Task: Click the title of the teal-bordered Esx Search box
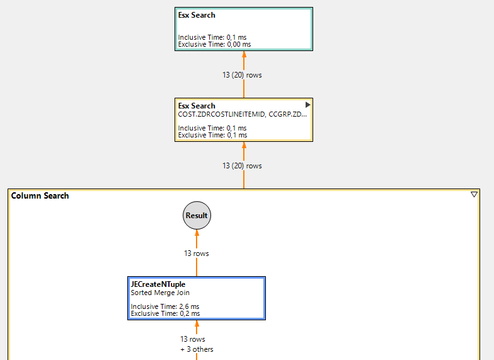pyautogui.click(x=197, y=15)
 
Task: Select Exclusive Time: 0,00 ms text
pyautogui.click(x=214, y=44)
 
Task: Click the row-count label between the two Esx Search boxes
pyautogui.click(x=242, y=75)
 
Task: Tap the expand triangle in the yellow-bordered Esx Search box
pyautogui.click(x=307, y=105)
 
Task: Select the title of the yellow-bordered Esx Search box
pyautogui.click(x=197, y=106)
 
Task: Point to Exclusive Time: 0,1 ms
pyautogui.click(x=212, y=135)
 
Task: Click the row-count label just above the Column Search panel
pyautogui.click(x=242, y=166)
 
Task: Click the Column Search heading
pyautogui.click(x=40, y=196)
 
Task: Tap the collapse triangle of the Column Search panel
pyautogui.click(x=474, y=195)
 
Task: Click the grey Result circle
pyautogui.click(x=197, y=216)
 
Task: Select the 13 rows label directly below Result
pyautogui.click(x=197, y=253)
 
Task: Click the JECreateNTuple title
pyautogui.click(x=158, y=284)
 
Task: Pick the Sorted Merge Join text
pyautogui.click(x=160, y=293)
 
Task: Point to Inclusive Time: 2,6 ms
pyautogui.click(x=165, y=306)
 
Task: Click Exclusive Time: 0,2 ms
pyautogui.click(x=165, y=313)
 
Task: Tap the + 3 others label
pyautogui.click(x=197, y=349)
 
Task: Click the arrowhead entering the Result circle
pyautogui.click(x=197, y=233)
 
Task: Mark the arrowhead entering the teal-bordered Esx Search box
pyautogui.click(x=244, y=55)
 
